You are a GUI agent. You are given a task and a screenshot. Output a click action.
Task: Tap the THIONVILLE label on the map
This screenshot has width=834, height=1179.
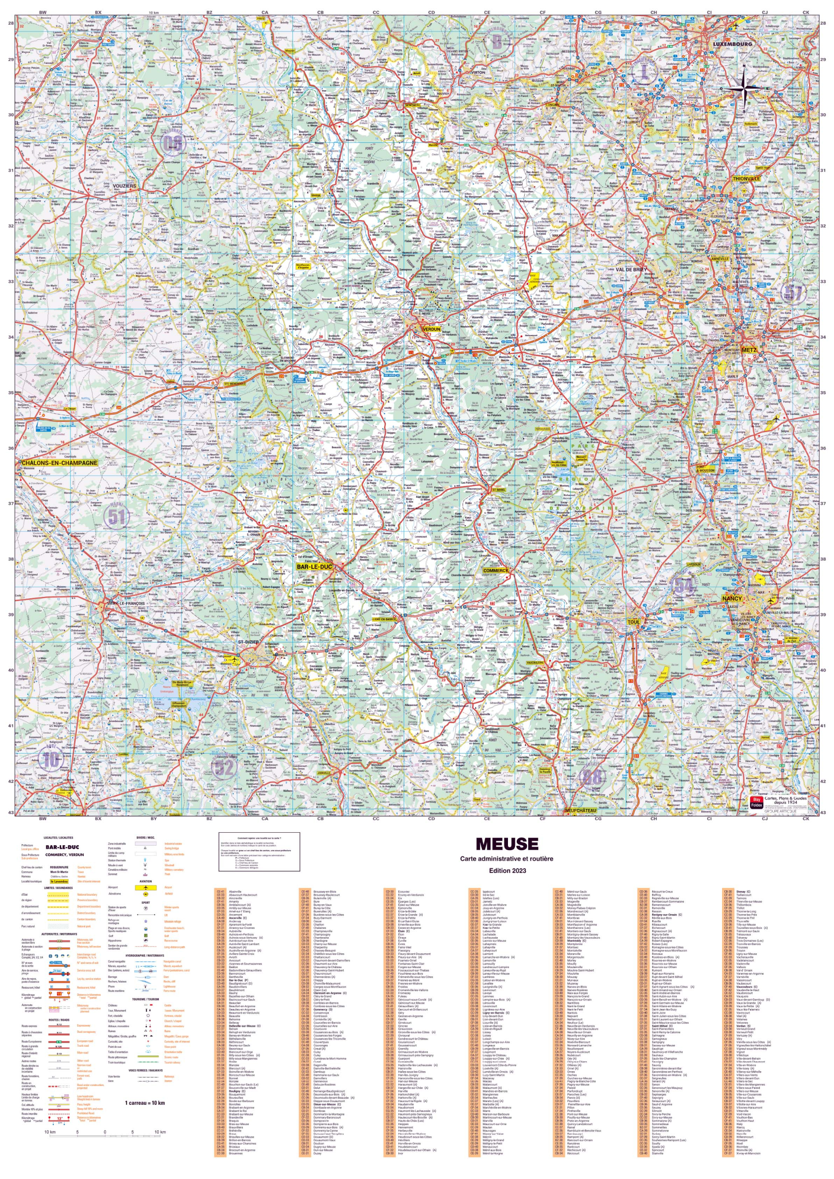pos(746,179)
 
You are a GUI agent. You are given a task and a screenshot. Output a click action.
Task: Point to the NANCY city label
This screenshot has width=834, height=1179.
pos(732,599)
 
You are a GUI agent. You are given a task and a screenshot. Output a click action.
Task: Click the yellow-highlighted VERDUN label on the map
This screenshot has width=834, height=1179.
pos(431,329)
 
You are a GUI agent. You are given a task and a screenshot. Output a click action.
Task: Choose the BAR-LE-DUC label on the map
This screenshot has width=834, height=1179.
pos(314,567)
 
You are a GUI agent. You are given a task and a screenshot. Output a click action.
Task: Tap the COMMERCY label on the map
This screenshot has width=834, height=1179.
pos(495,571)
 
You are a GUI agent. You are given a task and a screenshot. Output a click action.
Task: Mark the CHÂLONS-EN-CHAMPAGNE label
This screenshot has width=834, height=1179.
pos(59,463)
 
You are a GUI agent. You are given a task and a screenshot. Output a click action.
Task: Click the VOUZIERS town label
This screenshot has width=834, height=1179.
pos(124,186)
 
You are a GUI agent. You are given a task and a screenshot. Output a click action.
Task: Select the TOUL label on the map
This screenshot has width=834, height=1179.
pos(634,622)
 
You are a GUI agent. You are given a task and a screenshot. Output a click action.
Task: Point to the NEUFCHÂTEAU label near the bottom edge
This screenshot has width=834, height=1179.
pos(580,810)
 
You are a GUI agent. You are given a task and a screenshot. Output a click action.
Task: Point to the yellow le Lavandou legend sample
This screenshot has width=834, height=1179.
pos(59,881)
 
